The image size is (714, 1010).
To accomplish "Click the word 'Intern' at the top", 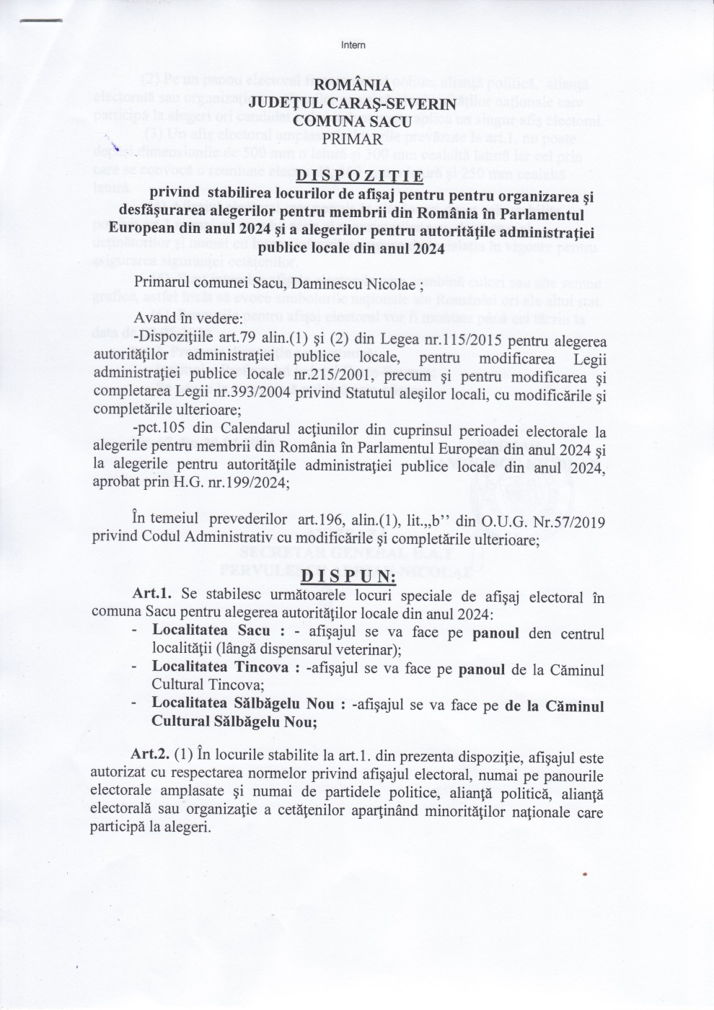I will pos(353,45).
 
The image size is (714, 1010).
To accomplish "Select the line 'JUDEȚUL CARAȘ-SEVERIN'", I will pos(353,104).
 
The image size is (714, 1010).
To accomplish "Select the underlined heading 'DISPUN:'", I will pos(348,577).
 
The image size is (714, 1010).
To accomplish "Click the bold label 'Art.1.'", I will pos(153,597).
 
